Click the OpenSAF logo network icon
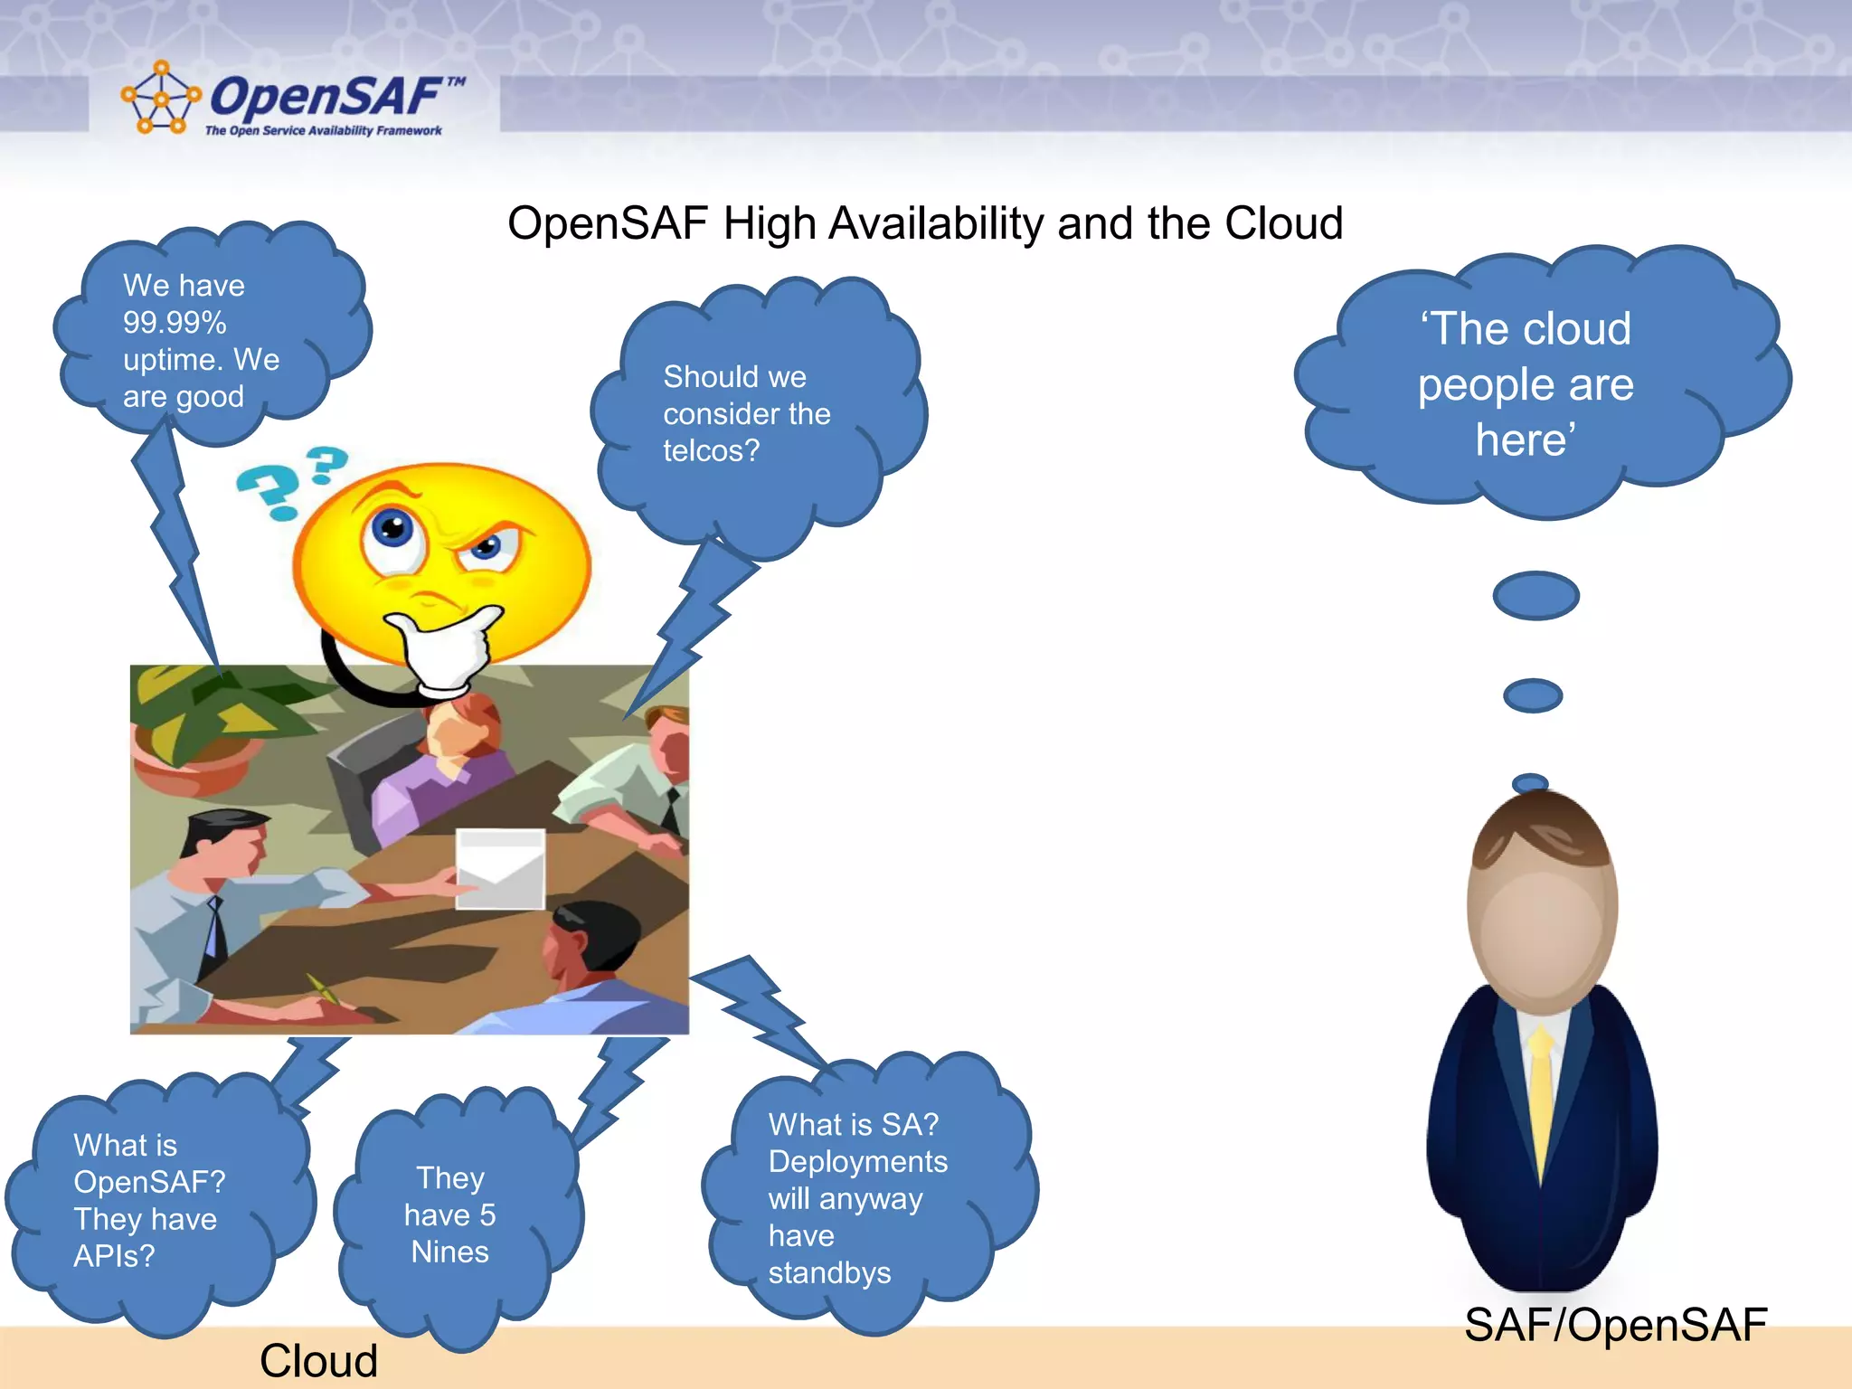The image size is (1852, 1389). (160, 99)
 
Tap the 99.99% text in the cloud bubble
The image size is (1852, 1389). (175, 323)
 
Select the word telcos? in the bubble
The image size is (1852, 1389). (711, 451)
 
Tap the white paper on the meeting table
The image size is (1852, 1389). (500, 868)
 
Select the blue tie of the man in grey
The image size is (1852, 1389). (215, 927)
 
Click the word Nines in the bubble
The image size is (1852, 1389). (449, 1252)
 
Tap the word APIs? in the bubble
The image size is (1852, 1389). (114, 1256)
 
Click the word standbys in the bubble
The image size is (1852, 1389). (829, 1273)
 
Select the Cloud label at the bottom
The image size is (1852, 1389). (318, 1361)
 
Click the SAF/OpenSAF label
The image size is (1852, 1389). (1615, 1326)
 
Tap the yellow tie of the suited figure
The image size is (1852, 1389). (1541, 1094)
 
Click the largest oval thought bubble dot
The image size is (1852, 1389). (1535, 596)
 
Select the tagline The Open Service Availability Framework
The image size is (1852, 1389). (323, 131)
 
